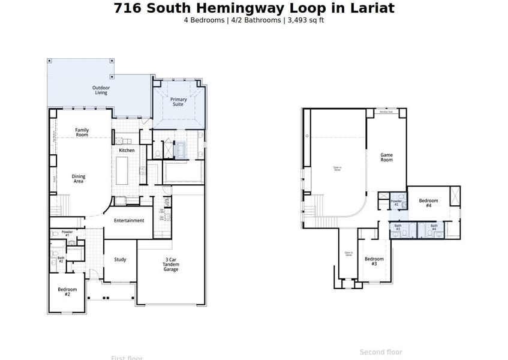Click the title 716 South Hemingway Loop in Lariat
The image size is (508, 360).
tap(254, 8)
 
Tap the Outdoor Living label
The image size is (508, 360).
tap(101, 90)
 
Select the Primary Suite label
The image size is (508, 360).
tap(178, 101)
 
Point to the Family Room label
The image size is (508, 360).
tap(82, 132)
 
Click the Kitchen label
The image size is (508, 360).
tap(127, 150)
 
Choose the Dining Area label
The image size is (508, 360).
tap(79, 178)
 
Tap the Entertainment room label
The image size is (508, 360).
tap(129, 220)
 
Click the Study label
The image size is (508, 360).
tap(120, 259)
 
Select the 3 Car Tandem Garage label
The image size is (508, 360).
tap(171, 265)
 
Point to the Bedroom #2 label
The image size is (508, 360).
tap(67, 292)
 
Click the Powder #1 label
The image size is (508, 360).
tap(67, 233)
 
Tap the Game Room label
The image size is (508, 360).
tap(386, 157)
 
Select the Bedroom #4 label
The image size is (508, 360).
tap(428, 203)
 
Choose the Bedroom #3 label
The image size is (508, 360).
tap(374, 261)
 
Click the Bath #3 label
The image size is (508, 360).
tap(398, 227)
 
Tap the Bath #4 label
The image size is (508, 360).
tap(434, 227)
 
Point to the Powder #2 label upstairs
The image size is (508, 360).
tap(396, 203)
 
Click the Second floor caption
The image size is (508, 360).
tap(381, 352)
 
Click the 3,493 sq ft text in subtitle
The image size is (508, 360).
tap(305, 20)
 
